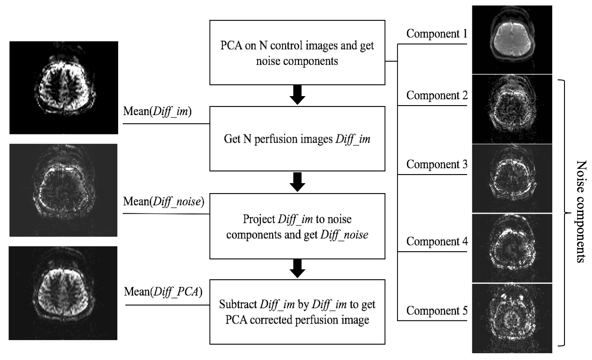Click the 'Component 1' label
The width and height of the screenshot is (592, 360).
tap(437, 34)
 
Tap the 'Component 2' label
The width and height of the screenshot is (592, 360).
tap(437, 96)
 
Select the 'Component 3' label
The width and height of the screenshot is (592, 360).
tap(437, 164)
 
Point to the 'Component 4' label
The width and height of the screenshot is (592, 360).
tap(437, 241)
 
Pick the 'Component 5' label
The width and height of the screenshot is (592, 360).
tap(437, 310)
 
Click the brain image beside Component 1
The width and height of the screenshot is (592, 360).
tap(512, 40)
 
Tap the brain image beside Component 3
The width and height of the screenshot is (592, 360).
tap(512, 178)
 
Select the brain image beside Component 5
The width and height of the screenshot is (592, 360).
tap(512, 318)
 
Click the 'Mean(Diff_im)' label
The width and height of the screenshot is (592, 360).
tap(157, 111)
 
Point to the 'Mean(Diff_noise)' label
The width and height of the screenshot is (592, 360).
tap(164, 202)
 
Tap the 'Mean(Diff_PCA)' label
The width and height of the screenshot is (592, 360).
tap(163, 292)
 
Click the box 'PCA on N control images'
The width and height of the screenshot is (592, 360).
tap(297, 53)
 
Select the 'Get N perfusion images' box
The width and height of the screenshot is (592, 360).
tap(297, 139)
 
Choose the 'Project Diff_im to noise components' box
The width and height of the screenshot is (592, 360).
tap(297, 226)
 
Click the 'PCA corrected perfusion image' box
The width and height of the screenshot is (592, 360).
tap(297, 312)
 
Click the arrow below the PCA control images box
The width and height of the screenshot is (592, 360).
tap(297, 95)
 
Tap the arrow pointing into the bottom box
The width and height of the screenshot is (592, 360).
tap(297, 269)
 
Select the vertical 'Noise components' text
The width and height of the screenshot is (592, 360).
tap(581, 212)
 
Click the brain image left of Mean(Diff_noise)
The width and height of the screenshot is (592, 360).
tap(64, 190)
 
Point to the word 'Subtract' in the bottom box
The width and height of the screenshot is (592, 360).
tap(238, 305)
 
